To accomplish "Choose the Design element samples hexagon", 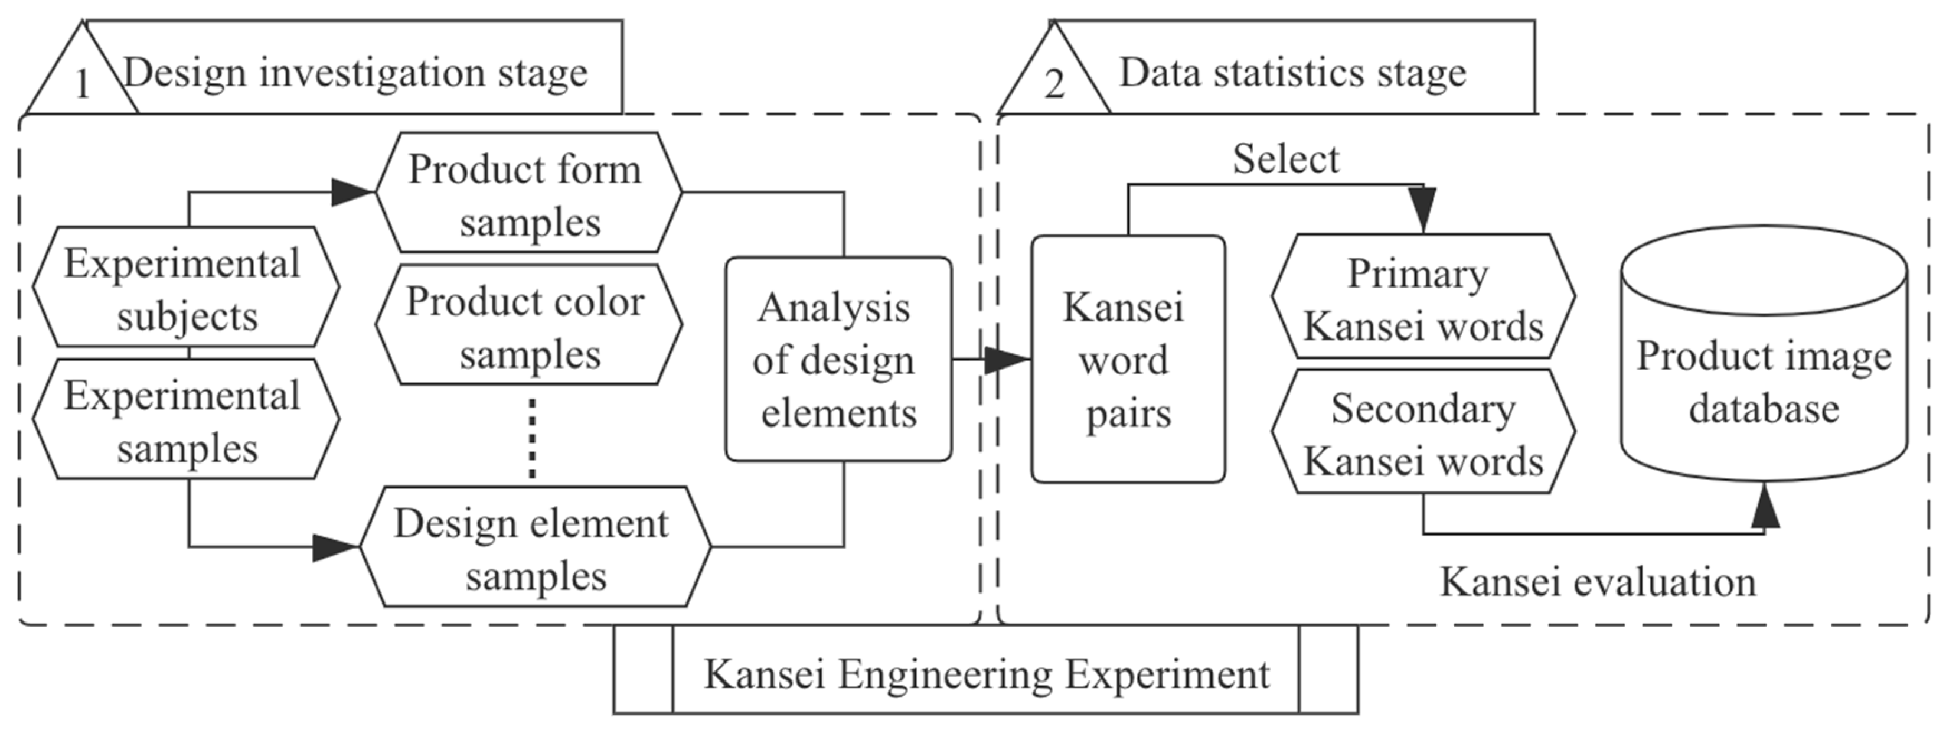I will pos(534,547).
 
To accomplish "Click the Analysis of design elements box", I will pos(838,359).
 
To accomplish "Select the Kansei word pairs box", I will pos(1128,359).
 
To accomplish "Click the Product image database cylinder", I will pos(1764,370).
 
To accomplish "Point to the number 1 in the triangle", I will pos(82,83).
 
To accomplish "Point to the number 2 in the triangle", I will pos(1054,83).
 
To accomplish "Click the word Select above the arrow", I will pos(1286,159).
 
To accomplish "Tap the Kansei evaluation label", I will pos(1598,582).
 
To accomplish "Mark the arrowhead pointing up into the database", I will pos(1765,506).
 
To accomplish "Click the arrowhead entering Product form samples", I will pos(353,192).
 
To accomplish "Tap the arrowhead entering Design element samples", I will pos(335,547).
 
